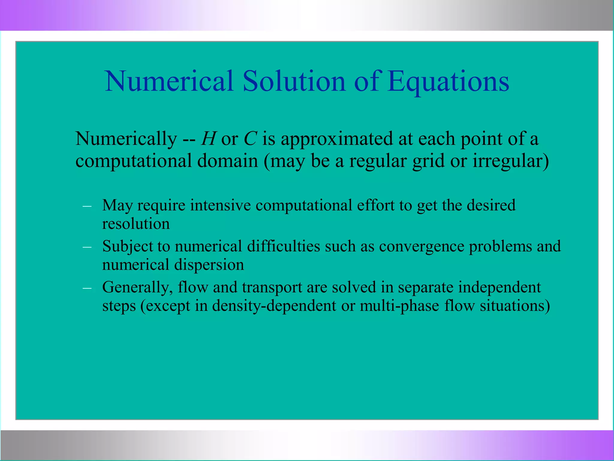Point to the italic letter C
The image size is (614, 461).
pyautogui.click(x=250, y=139)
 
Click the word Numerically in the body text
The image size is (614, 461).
pyautogui.click(x=126, y=139)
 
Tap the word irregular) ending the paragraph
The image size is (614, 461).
pyautogui.click(x=511, y=161)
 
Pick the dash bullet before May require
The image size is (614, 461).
pyautogui.click(x=87, y=206)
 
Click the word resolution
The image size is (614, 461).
pyautogui.click(x=136, y=224)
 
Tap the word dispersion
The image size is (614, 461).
pyautogui.click(x=209, y=265)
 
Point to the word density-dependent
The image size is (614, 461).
pyautogui.click(x=274, y=306)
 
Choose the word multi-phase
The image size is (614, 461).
pyautogui.click(x=399, y=306)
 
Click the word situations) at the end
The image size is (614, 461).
pyautogui.click(x=515, y=306)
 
